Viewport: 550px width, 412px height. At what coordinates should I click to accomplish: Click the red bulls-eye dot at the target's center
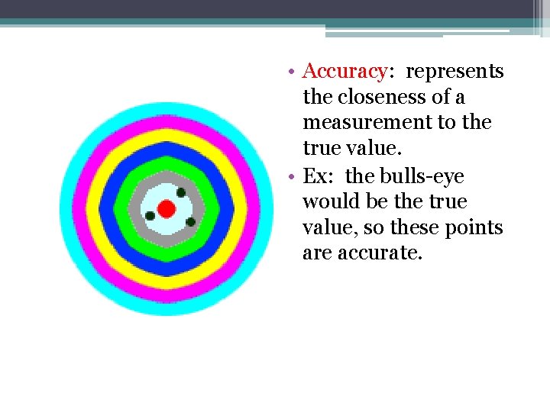click(167, 208)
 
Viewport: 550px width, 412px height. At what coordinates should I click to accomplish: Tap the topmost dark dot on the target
click(181, 192)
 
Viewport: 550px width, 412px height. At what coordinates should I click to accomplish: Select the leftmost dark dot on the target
click(150, 216)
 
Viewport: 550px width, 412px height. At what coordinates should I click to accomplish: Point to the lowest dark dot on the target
click(190, 222)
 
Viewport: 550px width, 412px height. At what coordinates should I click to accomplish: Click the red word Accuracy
click(345, 72)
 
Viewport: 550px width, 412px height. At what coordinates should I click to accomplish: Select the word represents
click(455, 72)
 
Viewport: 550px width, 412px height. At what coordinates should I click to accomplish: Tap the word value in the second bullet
click(327, 228)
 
